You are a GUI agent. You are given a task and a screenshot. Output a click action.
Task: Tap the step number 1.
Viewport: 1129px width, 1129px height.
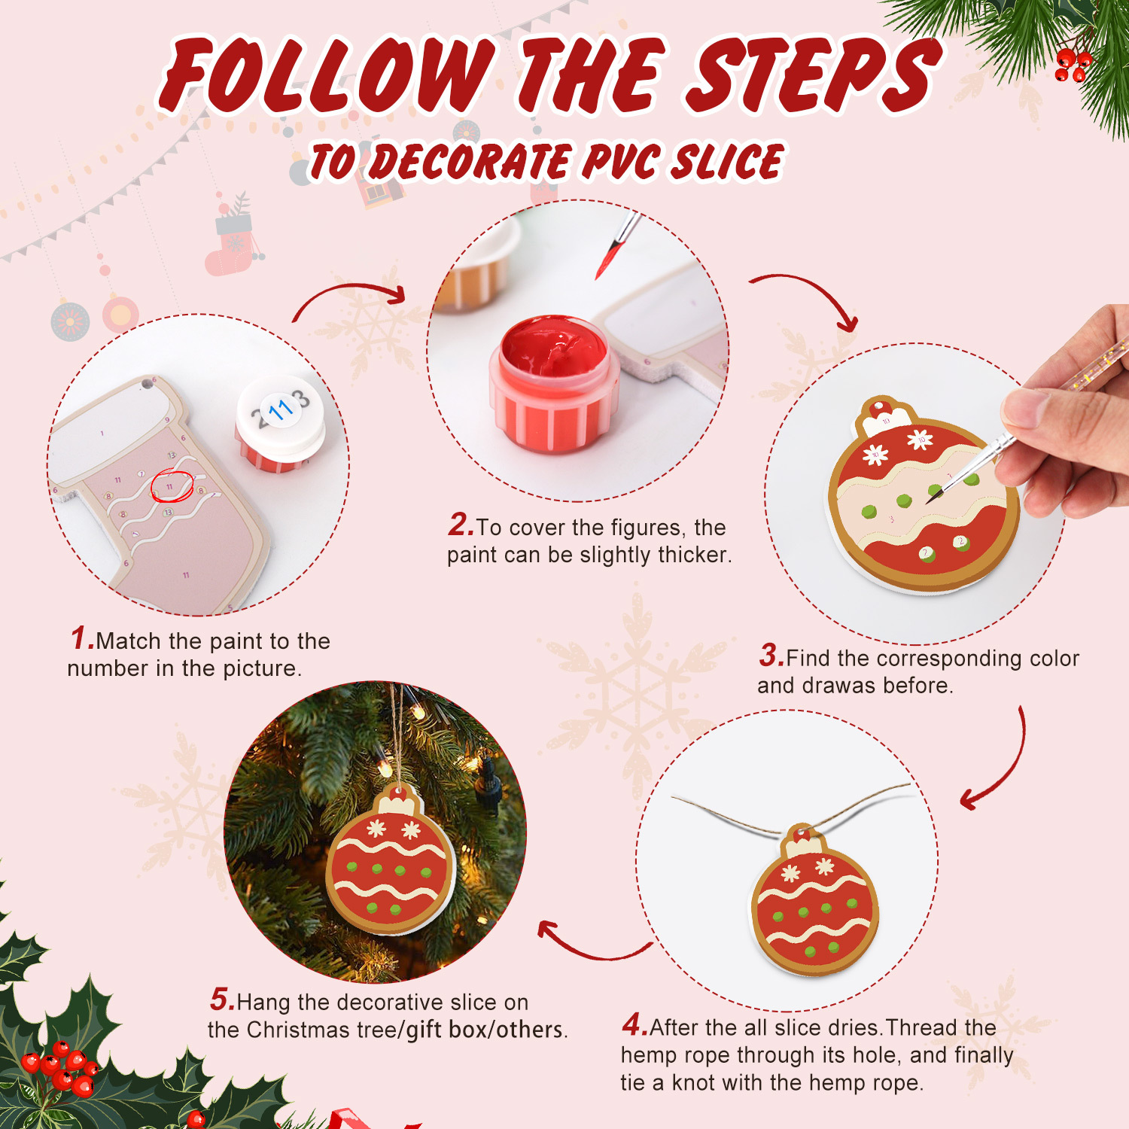tap(81, 639)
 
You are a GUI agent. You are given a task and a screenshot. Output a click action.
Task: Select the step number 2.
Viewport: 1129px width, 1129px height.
tap(460, 525)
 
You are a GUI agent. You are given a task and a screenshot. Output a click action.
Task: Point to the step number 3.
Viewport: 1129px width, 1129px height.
tap(771, 656)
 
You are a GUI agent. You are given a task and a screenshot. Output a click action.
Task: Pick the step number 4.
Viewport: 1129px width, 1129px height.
tap(634, 1025)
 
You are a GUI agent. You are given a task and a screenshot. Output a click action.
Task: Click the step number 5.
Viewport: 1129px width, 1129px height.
tap(222, 1000)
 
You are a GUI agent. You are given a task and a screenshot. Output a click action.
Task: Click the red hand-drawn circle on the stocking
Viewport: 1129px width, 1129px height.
tap(172, 486)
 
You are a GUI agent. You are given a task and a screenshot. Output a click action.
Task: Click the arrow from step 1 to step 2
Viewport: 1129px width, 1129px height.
tap(350, 297)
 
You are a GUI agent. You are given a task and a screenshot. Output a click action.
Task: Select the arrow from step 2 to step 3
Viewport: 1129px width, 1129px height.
tap(809, 297)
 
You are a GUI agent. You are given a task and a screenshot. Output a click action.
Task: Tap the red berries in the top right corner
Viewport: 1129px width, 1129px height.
tap(1072, 65)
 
